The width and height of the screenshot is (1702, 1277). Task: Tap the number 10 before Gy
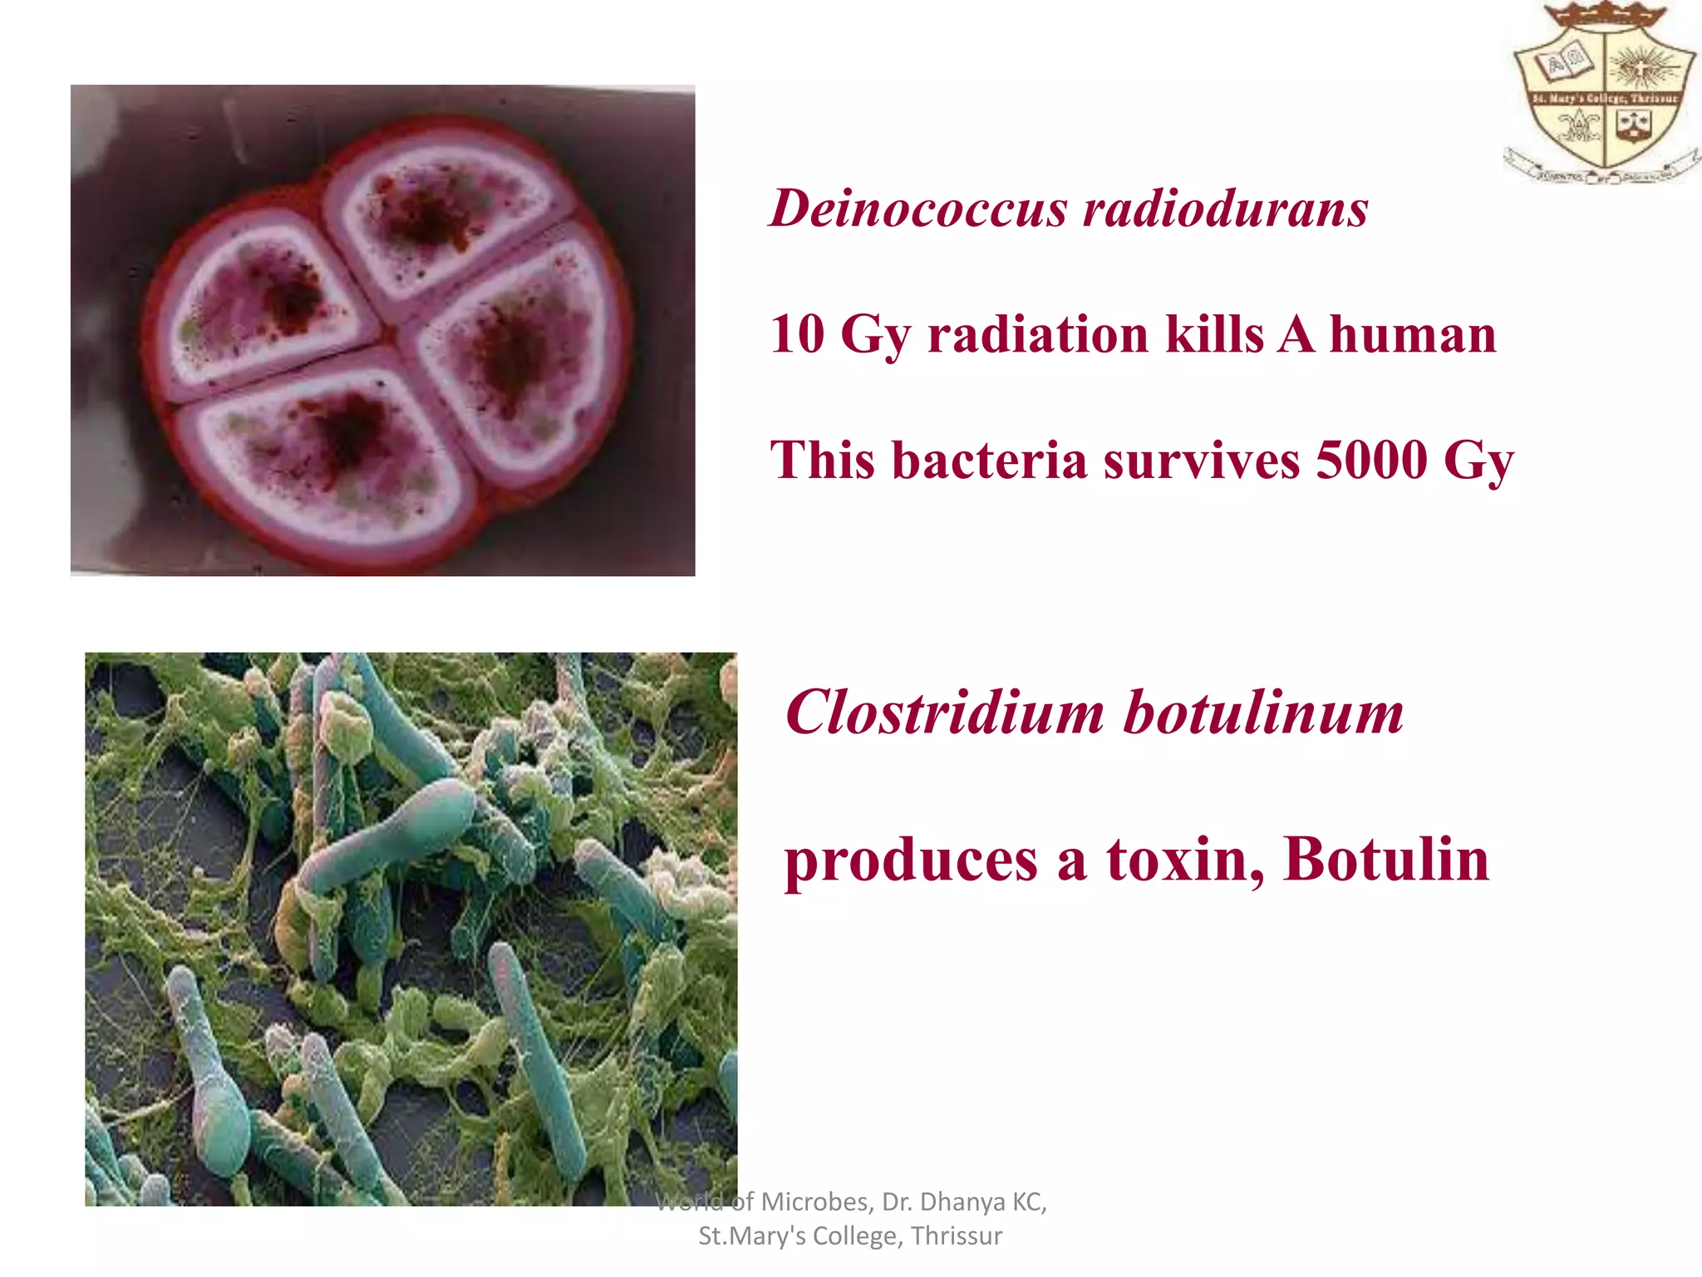[x=797, y=334]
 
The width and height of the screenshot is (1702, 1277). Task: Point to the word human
[x=1413, y=334]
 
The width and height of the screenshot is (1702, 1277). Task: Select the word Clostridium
[x=945, y=712]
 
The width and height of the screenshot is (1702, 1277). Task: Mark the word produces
[x=911, y=861]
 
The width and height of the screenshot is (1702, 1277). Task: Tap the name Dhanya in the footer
[x=962, y=1202]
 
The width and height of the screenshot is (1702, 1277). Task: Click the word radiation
[x=1038, y=334]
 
